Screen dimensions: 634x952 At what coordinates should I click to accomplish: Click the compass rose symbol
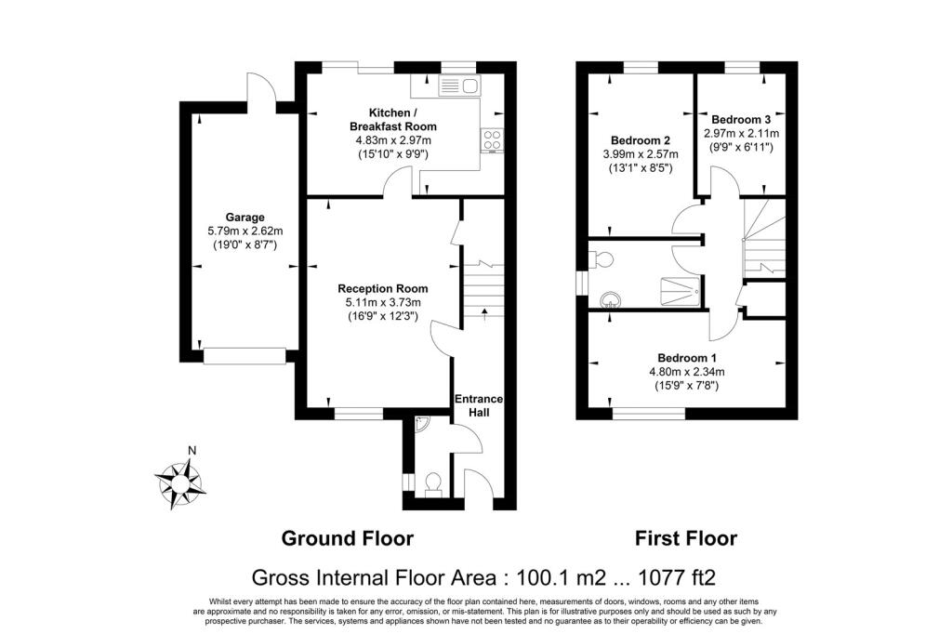(x=179, y=482)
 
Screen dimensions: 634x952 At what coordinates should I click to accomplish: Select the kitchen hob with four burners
(x=491, y=141)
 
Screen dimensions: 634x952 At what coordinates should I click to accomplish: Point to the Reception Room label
(x=383, y=289)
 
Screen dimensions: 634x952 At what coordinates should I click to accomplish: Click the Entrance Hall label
(x=479, y=405)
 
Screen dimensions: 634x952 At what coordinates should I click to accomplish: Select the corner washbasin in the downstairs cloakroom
(x=423, y=423)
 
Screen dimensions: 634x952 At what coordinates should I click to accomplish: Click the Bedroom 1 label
(x=687, y=358)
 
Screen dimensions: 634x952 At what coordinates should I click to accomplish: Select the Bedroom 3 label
(x=741, y=120)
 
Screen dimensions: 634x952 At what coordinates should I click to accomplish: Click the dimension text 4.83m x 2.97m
(x=392, y=140)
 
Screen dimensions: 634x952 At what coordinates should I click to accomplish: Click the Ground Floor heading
(x=347, y=538)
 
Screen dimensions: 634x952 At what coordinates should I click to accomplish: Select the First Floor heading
(x=686, y=538)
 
